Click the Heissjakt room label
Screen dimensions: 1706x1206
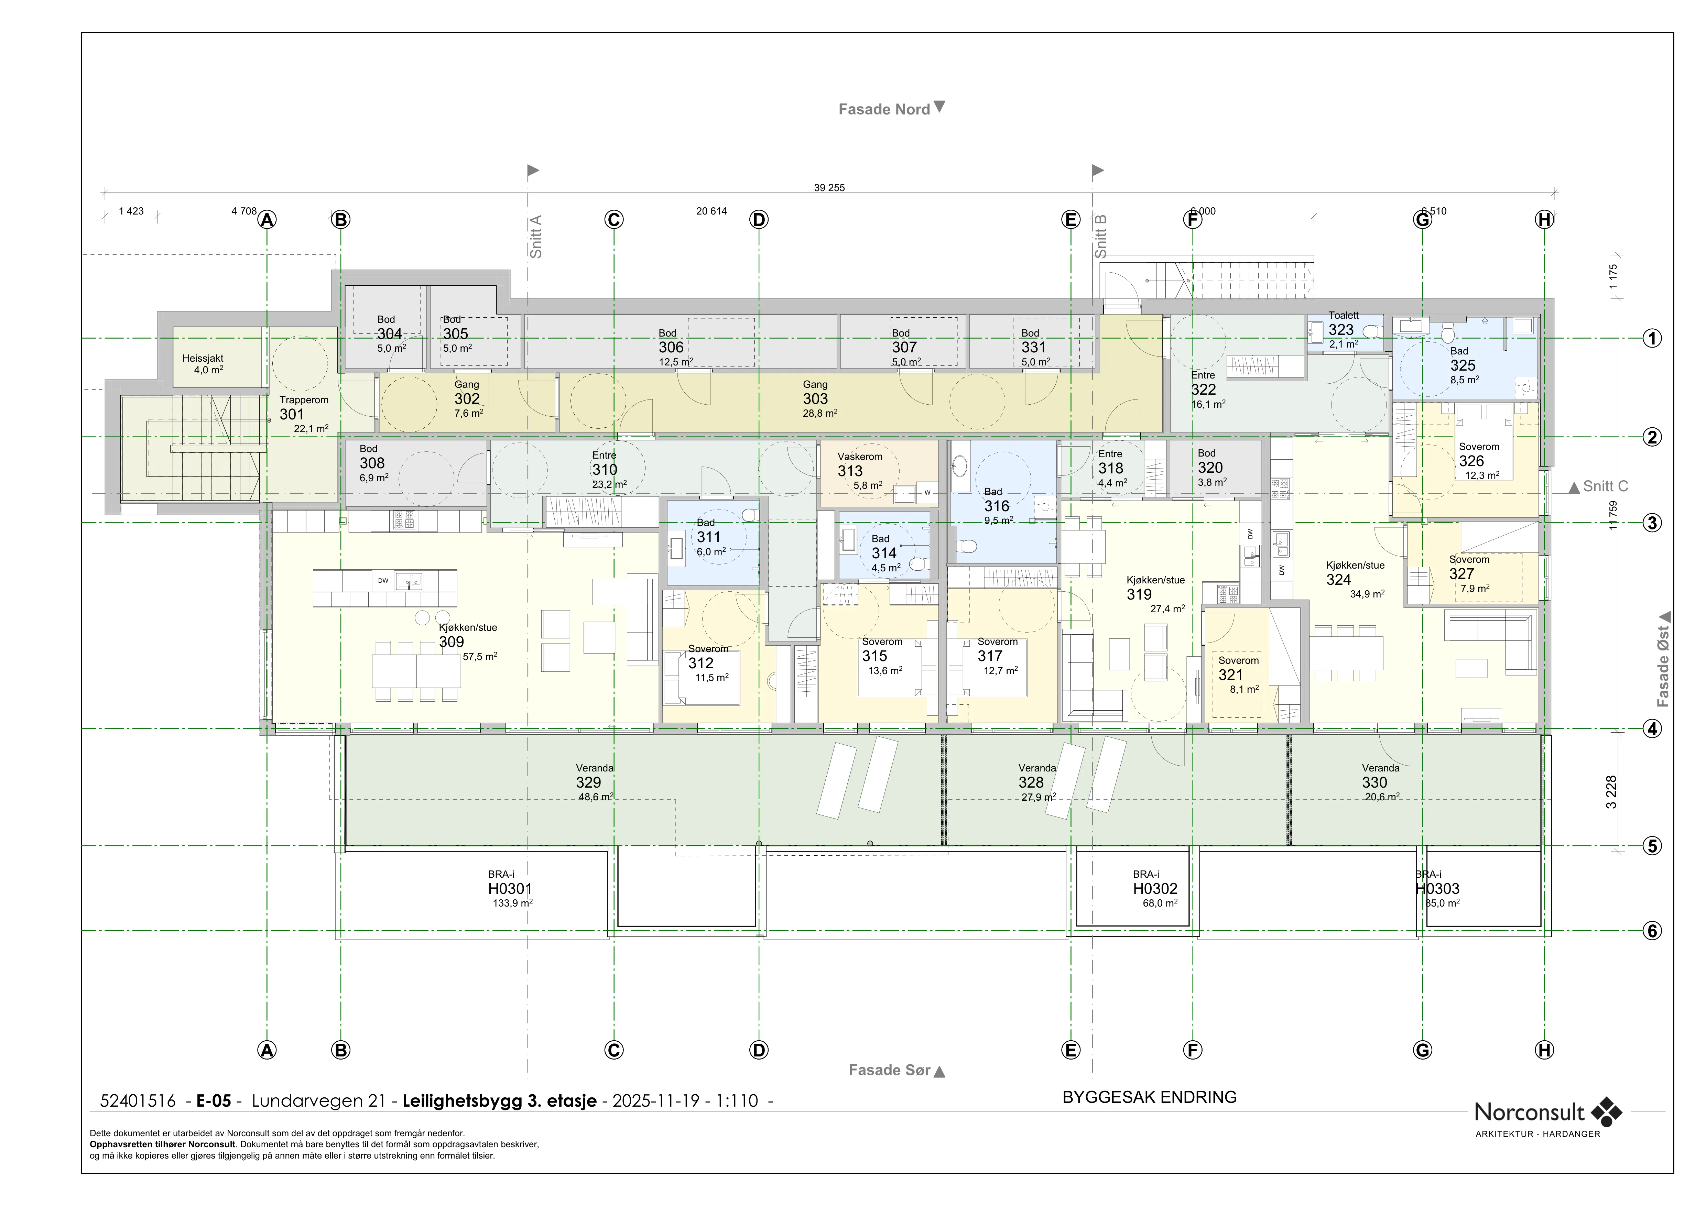[x=203, y=358]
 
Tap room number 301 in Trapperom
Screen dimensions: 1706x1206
[x=292, y=414]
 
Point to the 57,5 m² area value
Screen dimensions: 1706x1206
[x=480, y=657]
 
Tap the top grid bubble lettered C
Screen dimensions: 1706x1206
[x=614, y=220]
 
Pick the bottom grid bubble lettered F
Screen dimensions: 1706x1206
[x=1193, y=1050]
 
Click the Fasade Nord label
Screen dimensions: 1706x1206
[x=884, y=109]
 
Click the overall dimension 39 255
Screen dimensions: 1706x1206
[x=829, y=188]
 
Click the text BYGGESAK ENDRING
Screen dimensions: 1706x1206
[x=1150, y=1098]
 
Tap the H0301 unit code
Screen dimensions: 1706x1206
[x=510, y=889]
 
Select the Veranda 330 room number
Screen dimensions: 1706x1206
[x=1374, y=783]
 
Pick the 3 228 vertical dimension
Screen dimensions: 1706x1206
[x=1611, y=792]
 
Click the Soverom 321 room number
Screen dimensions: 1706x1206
[x=1230, y=675]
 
